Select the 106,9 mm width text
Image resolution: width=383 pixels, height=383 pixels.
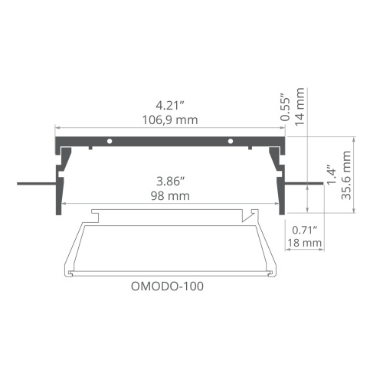pyautogui.click(x=172, y=119)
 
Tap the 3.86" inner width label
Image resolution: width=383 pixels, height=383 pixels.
pyautogui.click(x=172, y=182)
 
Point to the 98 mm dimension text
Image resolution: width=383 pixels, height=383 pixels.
pyautogui.click(x=172, y=196)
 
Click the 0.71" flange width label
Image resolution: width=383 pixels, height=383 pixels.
pyautogui.click(x=306, y=228)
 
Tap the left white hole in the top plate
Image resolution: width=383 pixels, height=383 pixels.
pyautogui.click(x=110, y=142)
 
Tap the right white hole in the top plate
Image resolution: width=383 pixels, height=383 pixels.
pyautogui.click(x=231, y=142)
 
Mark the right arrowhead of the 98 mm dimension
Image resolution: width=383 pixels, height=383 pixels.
pyautogui.click(x=278, y=203)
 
